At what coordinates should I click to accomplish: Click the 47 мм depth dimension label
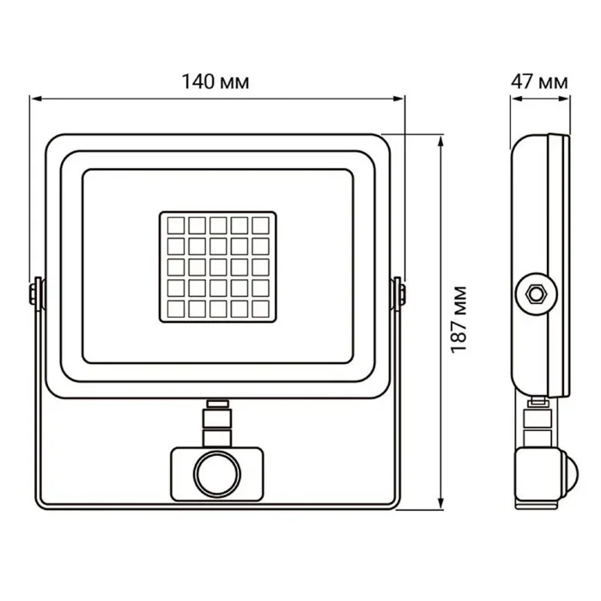[x=538, y=82]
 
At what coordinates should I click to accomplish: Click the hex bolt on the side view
[x=536, y=292]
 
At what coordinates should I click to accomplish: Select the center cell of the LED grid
[x=217, y=267]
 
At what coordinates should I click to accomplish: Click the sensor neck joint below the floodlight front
[x=217, y=421]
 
